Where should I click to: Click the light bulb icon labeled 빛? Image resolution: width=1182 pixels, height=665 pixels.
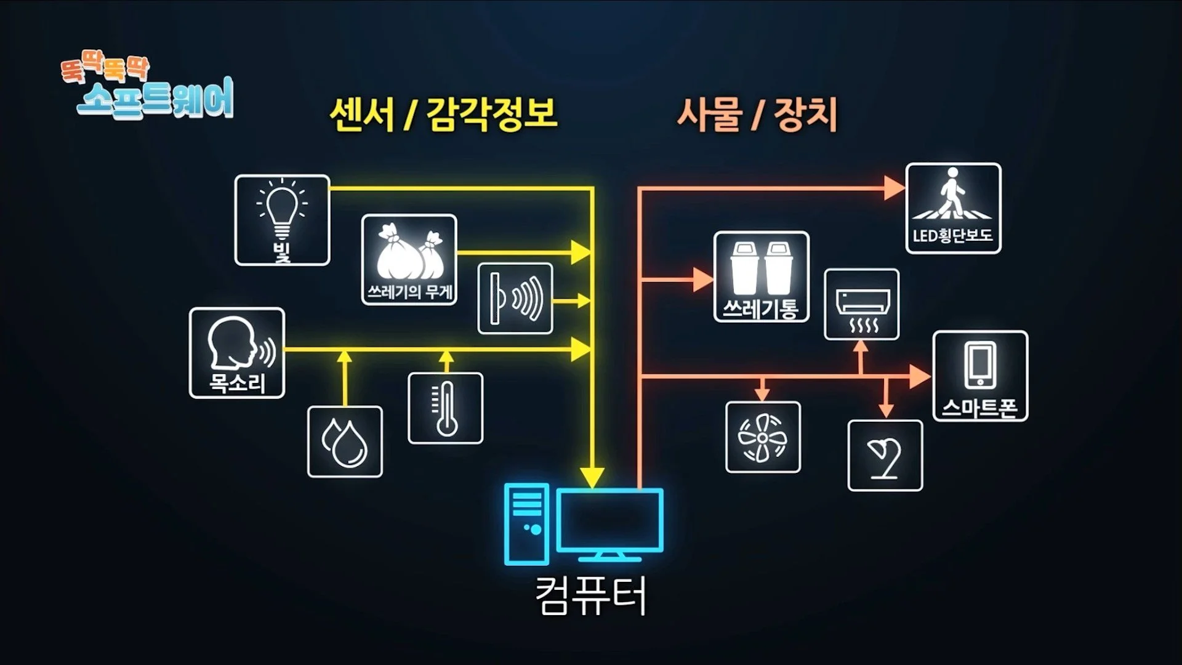[282, 220]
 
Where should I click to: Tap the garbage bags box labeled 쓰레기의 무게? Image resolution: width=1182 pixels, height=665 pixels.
[409, 259]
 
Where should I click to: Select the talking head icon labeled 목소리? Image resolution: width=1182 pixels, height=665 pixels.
[237, 353]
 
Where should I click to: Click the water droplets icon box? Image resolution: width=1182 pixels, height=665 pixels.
[345, 441]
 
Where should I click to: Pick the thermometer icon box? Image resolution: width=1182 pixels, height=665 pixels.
[446, 408]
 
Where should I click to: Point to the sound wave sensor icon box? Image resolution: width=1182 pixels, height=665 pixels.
[515, 299]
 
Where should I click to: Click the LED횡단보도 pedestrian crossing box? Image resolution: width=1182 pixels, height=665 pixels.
[953, 208]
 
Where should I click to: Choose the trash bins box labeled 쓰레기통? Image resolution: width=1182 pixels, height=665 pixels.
[762, 276]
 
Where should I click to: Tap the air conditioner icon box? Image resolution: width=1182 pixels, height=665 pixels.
[862, 304]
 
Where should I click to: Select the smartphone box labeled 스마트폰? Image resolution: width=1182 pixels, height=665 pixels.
[980, 376]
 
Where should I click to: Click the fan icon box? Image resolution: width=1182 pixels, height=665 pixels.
[763, 437]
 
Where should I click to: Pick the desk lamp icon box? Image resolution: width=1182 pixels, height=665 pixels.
[885, 456]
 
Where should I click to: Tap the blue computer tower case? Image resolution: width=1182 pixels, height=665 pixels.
[526, 524]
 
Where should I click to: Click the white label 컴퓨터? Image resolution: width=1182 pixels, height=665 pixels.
[591, 596]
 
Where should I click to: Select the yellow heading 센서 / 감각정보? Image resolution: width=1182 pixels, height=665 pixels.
[443, 115]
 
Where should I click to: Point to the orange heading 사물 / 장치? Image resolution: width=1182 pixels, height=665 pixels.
[757, 115]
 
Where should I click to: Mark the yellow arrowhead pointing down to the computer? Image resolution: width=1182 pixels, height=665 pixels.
[592, 477]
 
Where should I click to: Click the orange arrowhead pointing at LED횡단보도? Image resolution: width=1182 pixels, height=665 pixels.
[893, 188]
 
